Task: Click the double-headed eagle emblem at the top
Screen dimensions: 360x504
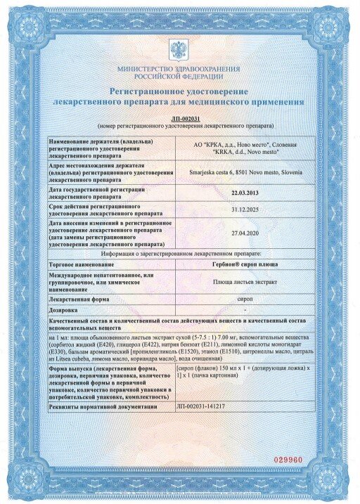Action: click(x=179, y=50)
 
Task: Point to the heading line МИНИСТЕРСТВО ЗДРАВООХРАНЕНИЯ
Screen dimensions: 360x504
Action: click(x=179, y=69)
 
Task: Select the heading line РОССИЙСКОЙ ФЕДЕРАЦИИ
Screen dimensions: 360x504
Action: click(x=179, y=77)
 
